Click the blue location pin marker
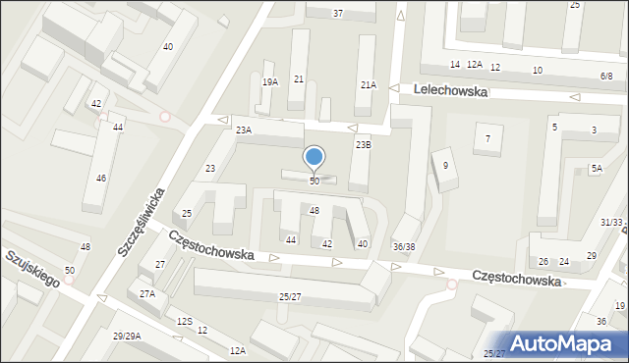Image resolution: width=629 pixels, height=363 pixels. click(314, 158)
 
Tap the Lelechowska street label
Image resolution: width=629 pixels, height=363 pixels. click(452, 89)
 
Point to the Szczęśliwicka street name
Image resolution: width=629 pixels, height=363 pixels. click(139, 223)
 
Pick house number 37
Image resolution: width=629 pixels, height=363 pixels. click(338, 13)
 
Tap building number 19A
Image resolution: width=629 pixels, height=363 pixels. click(270, 82)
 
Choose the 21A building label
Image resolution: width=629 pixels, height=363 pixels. click(368, 85)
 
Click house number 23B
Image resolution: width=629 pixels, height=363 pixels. click(364, 145)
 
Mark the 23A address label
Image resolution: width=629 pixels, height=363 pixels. click(243, 130)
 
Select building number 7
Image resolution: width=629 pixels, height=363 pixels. click(487, 138)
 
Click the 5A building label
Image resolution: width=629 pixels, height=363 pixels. click(597, 169)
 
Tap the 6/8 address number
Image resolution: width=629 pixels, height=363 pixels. click(606, 76)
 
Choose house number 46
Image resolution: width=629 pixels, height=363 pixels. click(101, 179)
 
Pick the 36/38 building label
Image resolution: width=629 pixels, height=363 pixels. click(404, 246)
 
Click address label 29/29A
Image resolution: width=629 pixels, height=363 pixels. click(126, 337)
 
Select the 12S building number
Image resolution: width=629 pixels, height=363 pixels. click(184, 322)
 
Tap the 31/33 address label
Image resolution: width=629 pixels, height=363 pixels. click(611, 223)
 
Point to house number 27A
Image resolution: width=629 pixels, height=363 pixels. click(147, 293)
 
